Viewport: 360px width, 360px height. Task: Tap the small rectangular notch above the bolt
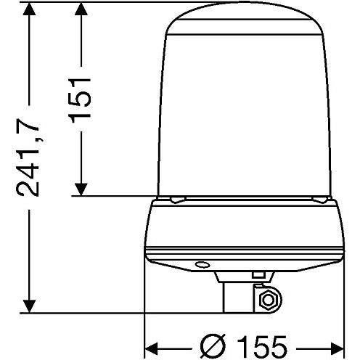[257, 275]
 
